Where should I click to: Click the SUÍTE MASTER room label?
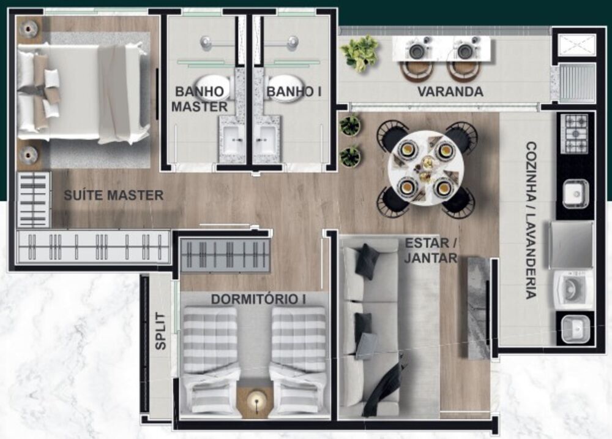(x=114, y=196)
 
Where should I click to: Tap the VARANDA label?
(x=450, y=92)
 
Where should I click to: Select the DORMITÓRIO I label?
(x=258, y=299)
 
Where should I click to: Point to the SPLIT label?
(x=160, y=331)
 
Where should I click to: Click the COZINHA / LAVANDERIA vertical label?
(x=530, y=221)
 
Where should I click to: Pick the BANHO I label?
(x=294, y=92)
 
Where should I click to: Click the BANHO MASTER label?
(x=199, y=99)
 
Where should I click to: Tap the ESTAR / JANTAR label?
(x=431, y=250)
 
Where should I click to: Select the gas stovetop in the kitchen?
(x=575, y=133)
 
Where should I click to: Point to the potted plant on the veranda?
(x=360, y=52)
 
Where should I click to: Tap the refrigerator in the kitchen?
(x=572, y=245)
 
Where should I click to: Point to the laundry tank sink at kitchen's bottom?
(x=575, y=329)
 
